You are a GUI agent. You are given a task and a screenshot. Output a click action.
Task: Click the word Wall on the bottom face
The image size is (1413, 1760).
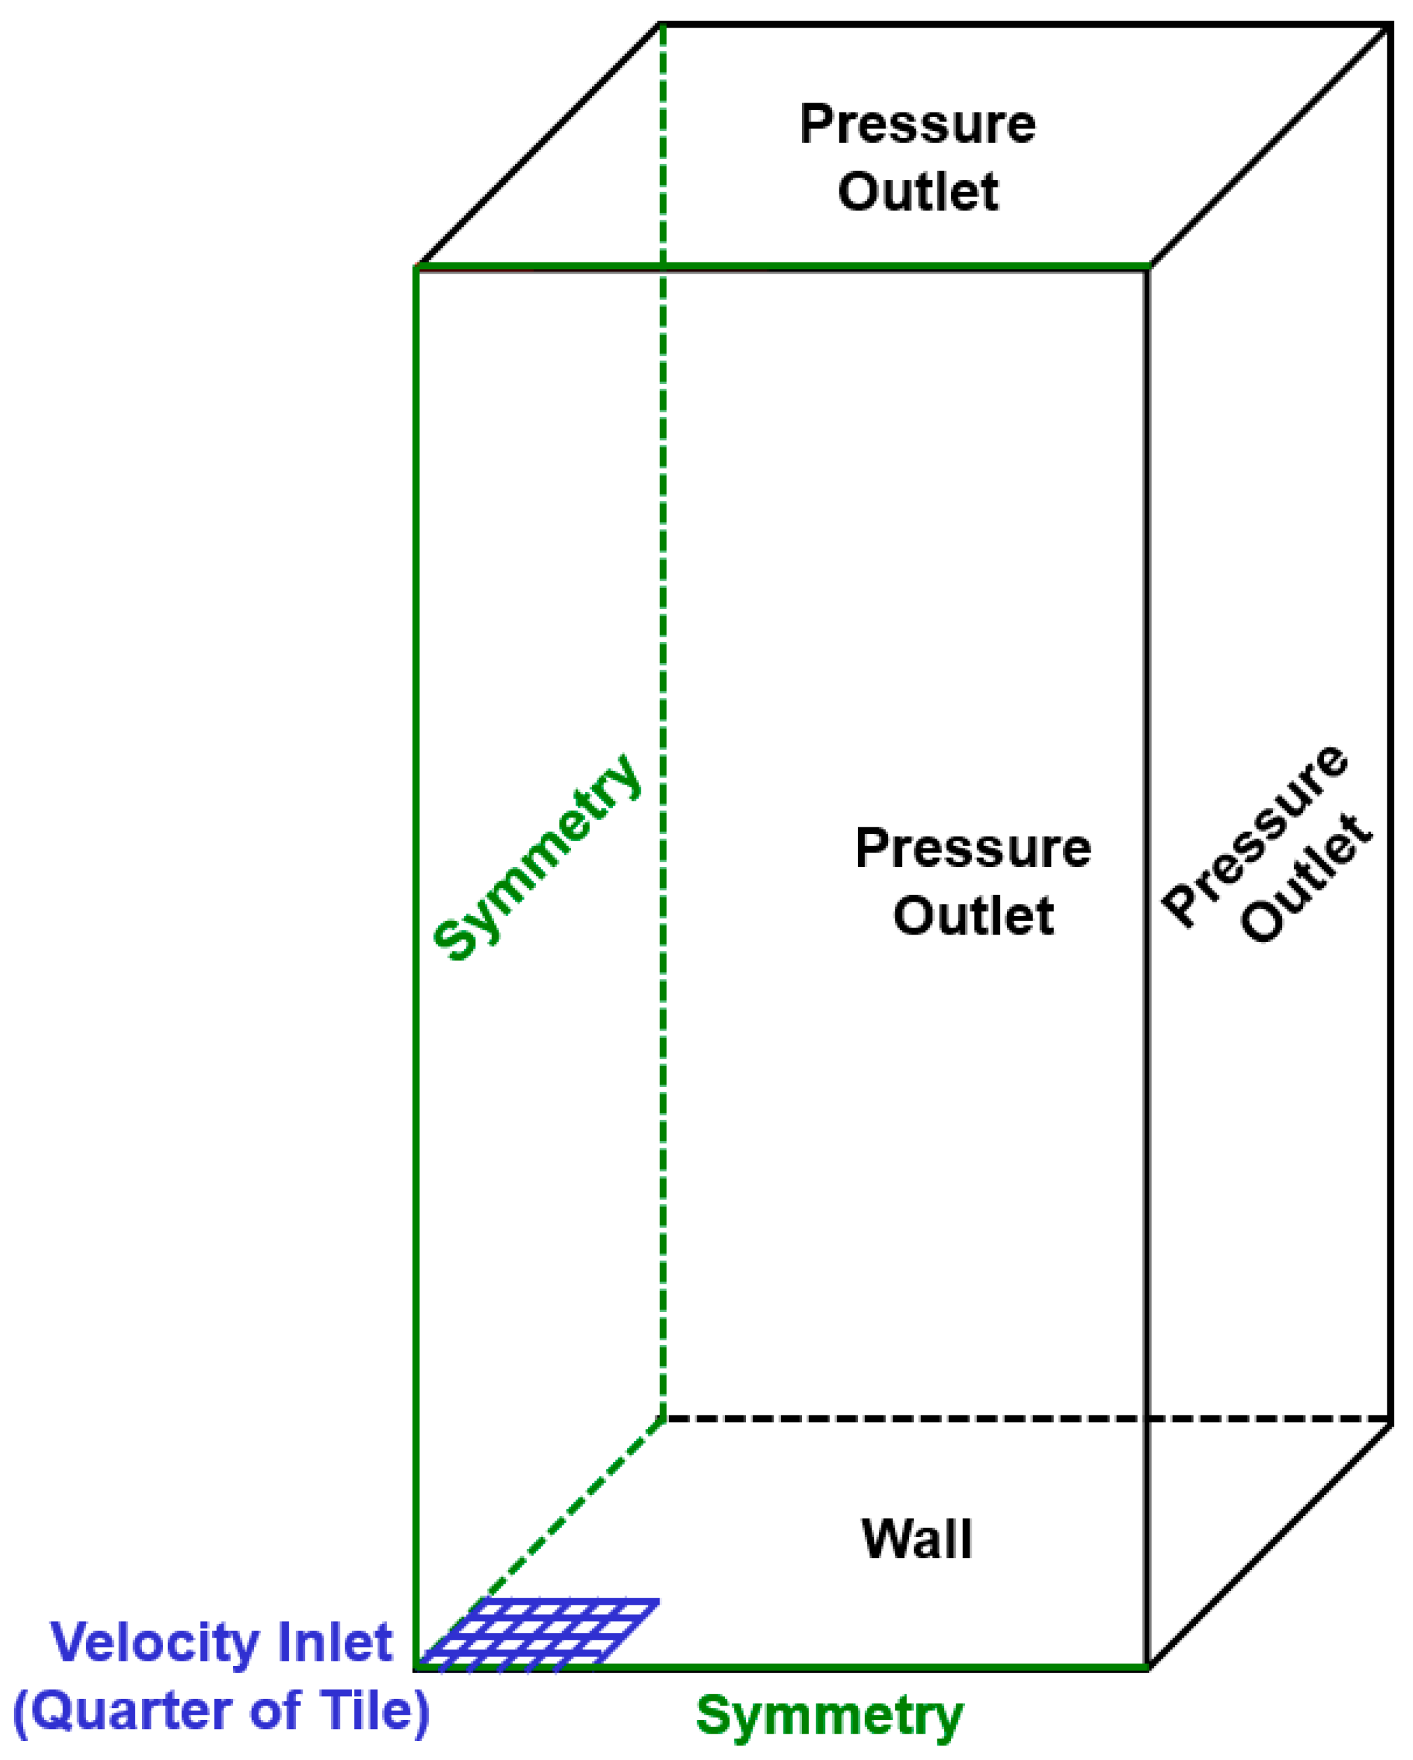coord(917,1540)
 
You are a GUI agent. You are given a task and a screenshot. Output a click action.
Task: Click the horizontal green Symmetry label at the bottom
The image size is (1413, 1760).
coord(830,1715)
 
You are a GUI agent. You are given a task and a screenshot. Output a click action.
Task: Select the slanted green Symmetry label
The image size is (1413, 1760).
coord(536,857)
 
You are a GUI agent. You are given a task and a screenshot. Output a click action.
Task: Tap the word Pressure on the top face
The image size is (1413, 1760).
coord(917,124)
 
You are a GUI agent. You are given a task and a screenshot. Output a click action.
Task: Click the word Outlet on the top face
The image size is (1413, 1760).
coord(918,193)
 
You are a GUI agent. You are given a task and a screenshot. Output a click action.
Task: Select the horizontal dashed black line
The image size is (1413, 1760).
coord(1020,1419)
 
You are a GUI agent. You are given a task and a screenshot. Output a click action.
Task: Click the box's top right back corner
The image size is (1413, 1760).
coord(1390,26)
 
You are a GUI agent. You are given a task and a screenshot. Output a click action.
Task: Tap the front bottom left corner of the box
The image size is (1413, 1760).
coord(417,1666)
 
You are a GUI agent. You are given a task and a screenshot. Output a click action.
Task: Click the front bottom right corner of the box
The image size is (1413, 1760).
coord(1148,1666)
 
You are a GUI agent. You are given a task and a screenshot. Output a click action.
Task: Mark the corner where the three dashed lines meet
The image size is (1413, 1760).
coord(663,1419)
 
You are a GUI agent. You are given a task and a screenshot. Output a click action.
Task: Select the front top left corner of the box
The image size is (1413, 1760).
coord(417,267)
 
